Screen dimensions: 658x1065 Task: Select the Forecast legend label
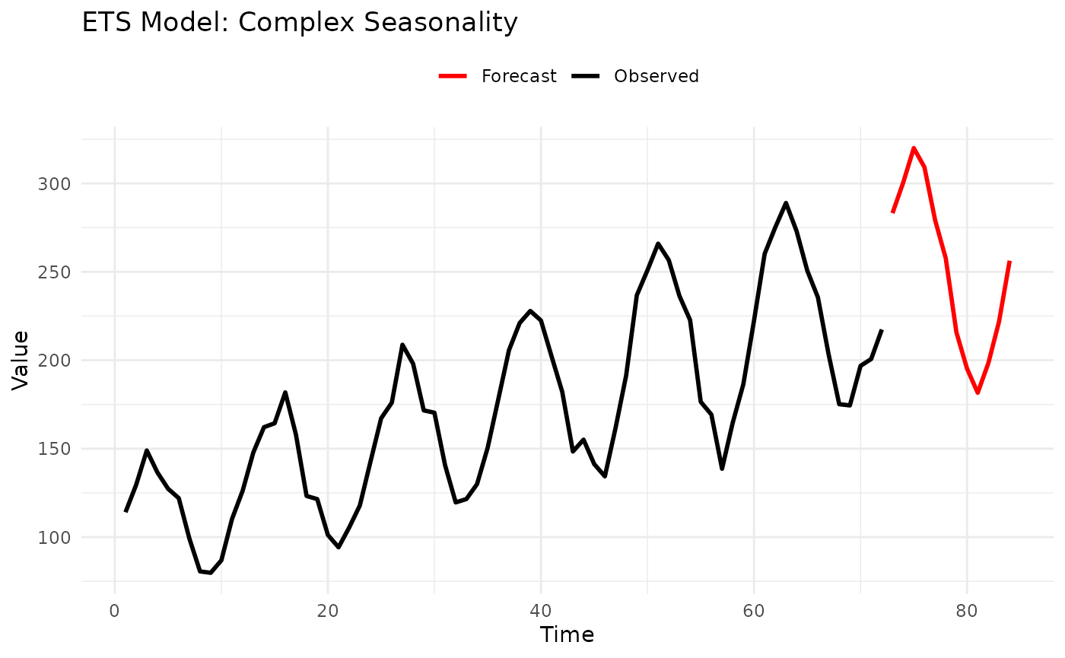coord(519,76)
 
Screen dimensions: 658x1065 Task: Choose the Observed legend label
coord(656,76)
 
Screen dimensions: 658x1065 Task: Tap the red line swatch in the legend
coord(455,76)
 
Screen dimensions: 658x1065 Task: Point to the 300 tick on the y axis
coord(55,184)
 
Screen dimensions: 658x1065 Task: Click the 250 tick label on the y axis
coord(55,272)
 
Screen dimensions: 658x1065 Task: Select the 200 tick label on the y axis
coord(55,361)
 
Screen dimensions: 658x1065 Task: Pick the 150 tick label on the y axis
coord(55,449)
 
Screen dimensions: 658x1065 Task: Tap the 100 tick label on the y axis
coord(55,537)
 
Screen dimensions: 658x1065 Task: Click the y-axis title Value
coord(21,361)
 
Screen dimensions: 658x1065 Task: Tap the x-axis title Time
coord(567,634)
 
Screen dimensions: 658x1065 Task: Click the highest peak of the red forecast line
coord(914,148)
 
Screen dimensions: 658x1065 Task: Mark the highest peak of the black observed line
coord(786,203)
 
